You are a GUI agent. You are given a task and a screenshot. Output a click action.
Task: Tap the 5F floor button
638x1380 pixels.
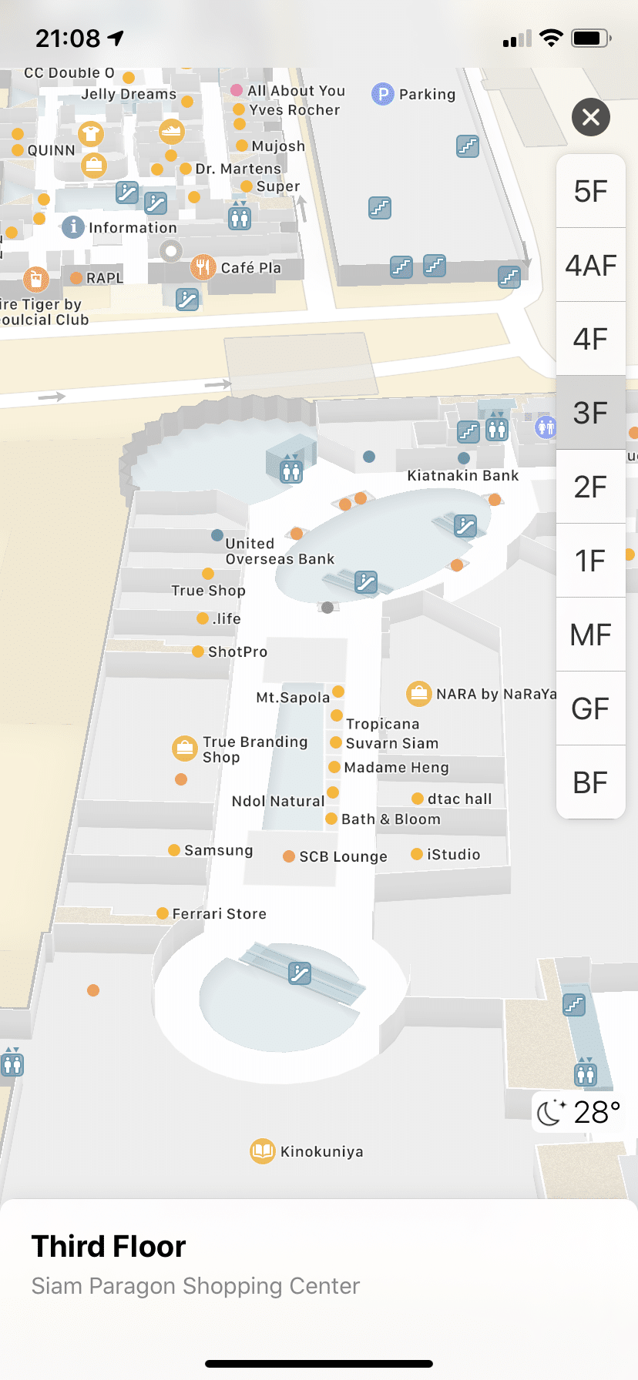click(590, 191)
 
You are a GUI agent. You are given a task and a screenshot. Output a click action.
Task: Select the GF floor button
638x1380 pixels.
click(590, 708)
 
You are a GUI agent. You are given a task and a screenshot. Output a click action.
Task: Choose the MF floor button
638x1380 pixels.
click(590, 635)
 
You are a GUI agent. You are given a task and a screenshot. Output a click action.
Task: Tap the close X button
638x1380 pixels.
click(591, 117)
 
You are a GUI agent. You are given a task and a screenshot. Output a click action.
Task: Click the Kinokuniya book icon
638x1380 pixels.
click(263, 1151)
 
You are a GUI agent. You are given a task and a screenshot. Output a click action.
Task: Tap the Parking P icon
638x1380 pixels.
click(383, 94)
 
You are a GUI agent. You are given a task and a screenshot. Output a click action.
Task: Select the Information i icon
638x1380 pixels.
click(73, 227)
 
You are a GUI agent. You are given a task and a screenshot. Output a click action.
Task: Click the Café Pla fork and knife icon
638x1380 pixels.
click(203, 267)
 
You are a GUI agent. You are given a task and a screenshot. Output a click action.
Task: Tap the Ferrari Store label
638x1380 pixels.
click(219, 914)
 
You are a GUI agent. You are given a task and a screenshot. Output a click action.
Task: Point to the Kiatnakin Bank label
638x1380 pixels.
click(462, 476)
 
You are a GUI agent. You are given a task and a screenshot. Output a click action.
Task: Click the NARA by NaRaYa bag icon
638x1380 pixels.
click(418, 694)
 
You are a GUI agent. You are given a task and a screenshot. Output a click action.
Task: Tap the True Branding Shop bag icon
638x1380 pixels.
click(185, 748)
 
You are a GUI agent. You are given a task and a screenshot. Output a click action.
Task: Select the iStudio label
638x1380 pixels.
click(453, 855)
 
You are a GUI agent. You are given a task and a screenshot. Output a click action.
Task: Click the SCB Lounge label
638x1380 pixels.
click(343, 856)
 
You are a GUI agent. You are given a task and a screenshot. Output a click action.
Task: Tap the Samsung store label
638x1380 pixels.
click(218, 850)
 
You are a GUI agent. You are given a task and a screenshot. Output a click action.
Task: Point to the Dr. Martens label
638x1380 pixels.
click(238, 169)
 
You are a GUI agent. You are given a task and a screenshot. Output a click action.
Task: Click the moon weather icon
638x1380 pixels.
click(550, 1112)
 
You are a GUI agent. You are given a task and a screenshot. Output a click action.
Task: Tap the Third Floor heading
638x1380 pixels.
click(109, 1246)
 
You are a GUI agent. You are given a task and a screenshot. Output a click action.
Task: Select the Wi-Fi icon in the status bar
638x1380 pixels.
click(551, 39)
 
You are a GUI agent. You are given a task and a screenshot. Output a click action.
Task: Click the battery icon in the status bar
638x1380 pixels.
click(591, 39)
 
